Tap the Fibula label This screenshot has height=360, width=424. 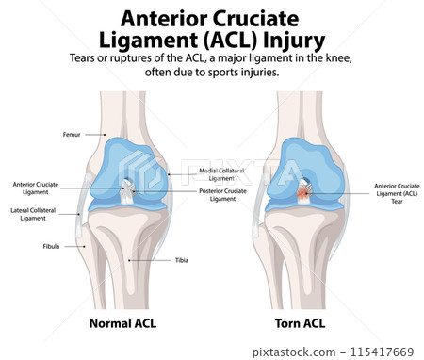pos(52,247)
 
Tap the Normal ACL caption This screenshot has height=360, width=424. pos(122,322)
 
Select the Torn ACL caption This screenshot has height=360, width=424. pos(301,322)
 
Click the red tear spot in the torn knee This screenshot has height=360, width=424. pos(303,192)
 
